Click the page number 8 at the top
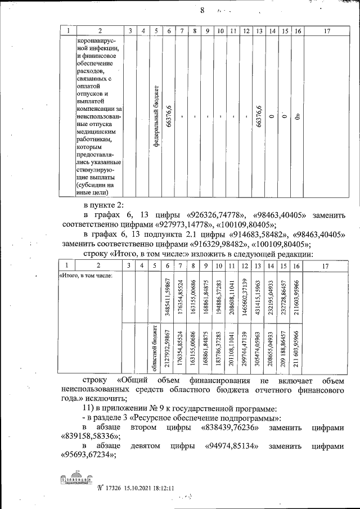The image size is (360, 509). (x=201, y=11)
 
